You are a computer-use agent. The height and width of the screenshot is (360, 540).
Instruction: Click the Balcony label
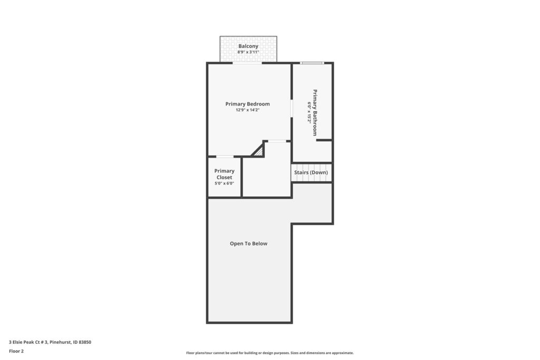(248, 46)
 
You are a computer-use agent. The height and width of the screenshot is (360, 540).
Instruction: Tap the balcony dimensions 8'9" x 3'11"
(248, 52)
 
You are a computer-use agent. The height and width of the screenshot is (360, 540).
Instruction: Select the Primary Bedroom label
(248, 104)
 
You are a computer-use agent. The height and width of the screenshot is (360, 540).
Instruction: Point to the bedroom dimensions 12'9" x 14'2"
(248, 110)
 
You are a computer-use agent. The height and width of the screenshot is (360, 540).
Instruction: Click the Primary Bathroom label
(315, 113)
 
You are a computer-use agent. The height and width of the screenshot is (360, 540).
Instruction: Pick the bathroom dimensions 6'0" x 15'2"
(309, 113)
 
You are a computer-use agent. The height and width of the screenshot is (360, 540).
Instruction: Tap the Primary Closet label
(224, 174)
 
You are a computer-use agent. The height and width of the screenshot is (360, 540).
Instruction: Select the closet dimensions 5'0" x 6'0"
(224, 183)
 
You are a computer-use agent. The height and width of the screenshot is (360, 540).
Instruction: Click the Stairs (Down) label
(311, 172)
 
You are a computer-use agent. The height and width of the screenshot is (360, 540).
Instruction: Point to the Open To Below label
(249, 244)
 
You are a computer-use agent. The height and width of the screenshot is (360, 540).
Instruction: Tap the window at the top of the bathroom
(312, 63)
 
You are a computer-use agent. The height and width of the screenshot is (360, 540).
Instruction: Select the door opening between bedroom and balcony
(247, 63)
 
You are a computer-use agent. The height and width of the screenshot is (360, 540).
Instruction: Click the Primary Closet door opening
(225, 157)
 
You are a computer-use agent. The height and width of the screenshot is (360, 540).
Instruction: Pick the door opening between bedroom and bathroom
(291, 109)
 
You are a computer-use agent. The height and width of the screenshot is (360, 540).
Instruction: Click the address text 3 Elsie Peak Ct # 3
(28, 342)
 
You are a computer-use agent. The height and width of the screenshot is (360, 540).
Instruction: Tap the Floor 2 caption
(16, 352)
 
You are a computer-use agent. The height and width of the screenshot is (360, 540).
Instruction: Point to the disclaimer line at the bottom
(270, 353)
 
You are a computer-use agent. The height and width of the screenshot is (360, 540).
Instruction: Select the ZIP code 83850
(85, 342)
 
